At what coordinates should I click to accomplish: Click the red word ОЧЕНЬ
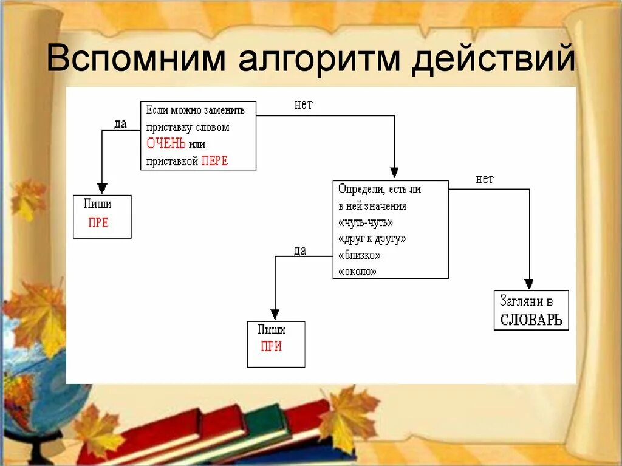166,144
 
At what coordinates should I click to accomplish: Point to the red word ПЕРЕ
214,161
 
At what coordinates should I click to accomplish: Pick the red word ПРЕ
98,222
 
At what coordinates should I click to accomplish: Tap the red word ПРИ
271,347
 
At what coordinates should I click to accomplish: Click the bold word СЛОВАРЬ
531,320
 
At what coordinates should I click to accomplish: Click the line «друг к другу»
372,239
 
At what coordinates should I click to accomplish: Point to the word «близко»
360,255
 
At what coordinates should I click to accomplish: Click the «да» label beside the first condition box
120,124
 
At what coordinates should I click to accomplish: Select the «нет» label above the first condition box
303,105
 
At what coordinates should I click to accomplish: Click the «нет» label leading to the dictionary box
485,179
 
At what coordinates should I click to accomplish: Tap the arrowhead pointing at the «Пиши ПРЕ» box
102,188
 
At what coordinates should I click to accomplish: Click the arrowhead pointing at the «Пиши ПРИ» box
275,314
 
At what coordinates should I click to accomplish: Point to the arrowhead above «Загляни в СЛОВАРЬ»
529,284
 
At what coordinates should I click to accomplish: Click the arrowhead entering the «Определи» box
394,173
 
